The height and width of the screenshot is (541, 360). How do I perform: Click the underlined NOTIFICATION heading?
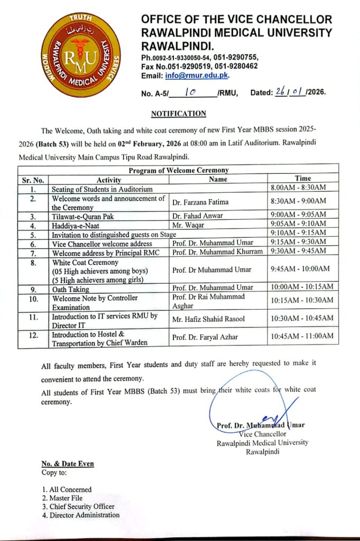click(178, 114)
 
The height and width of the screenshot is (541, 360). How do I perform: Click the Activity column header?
click(109, 180)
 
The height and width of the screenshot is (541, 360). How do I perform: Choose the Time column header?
click(303, 179)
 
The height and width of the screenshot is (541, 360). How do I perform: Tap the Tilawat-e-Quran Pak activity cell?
click(82, 216)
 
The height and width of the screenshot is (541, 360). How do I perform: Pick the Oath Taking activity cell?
click(70, 290)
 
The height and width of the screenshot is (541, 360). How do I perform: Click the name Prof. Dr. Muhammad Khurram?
click(217, 251)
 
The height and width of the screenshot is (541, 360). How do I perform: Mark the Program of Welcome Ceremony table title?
click(178, 170)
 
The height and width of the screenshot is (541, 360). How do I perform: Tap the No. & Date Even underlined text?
click(68, 464)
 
